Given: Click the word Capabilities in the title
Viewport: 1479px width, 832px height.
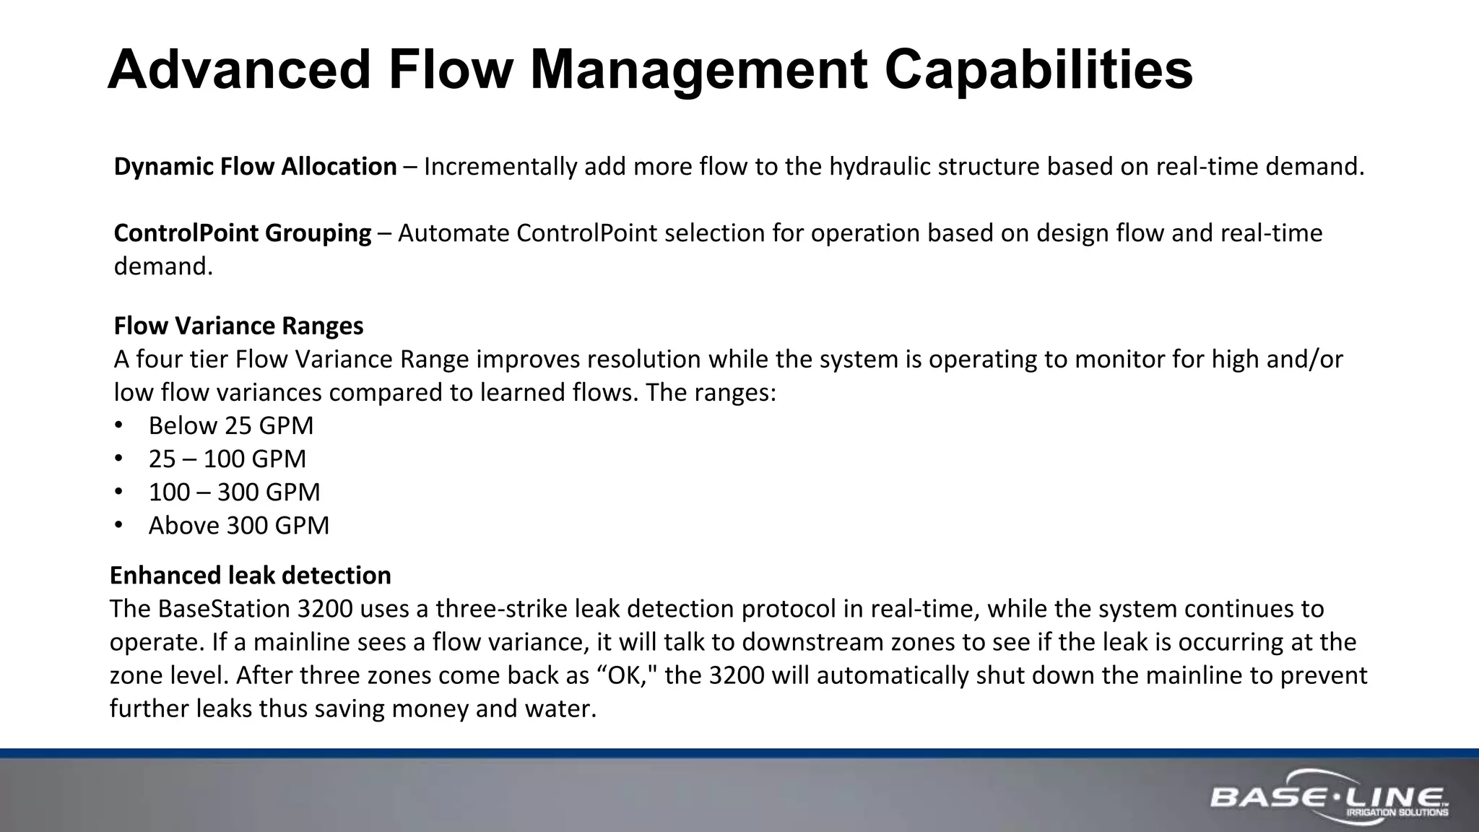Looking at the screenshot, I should tap(1038, 70).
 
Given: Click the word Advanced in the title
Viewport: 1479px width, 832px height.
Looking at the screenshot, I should tap(239, 70).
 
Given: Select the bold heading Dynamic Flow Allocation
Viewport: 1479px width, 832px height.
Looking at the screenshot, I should tap(255, 167).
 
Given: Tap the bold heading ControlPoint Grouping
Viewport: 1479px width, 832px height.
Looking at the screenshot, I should tap(243, 233).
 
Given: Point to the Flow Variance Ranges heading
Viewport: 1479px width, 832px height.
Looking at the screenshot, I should tap(238, 326).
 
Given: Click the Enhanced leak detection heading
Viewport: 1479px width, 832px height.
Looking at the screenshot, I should tap(250, 576).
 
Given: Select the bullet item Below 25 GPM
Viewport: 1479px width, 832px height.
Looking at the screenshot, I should tap(231, 425).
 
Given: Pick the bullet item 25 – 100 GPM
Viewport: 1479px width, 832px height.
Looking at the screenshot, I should tap(227, 459).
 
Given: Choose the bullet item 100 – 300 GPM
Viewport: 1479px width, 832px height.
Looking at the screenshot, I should tap(234, 492).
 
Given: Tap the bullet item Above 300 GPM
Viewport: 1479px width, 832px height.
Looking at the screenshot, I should tap(239, 525).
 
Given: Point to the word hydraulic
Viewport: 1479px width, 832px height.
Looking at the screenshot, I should tap(879, 167).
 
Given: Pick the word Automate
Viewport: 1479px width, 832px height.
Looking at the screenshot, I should tap(454, 233).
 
